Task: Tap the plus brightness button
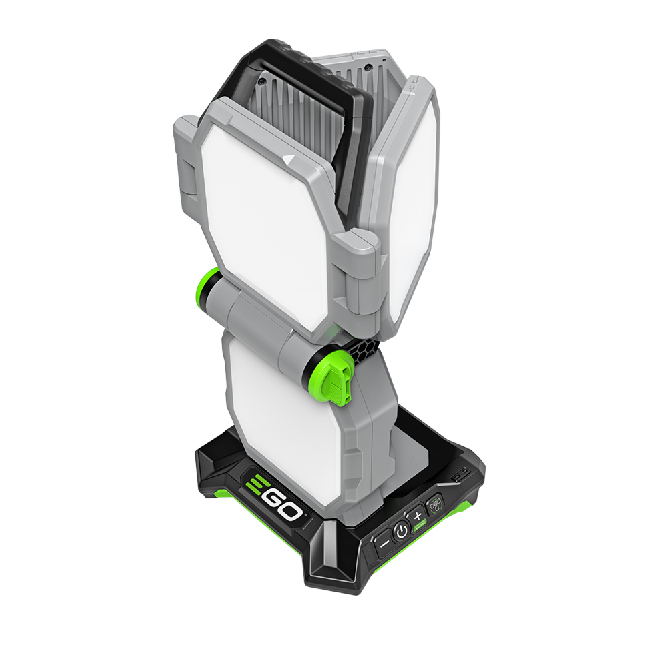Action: [418, 516]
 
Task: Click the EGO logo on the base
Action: [274, 496]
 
